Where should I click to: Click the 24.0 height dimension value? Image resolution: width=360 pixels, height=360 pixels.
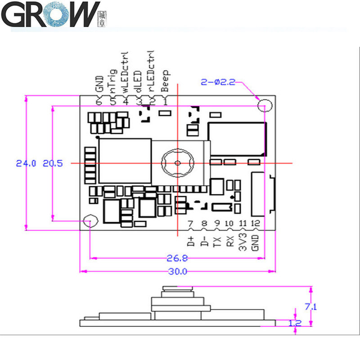(x=25, y=164)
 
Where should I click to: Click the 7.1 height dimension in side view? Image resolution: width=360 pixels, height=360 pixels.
(x=311, y=307)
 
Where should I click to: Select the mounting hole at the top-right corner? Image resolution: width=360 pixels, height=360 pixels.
(x=265, y=105)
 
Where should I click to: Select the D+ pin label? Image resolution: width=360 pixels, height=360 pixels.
(x=191, y=242)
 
